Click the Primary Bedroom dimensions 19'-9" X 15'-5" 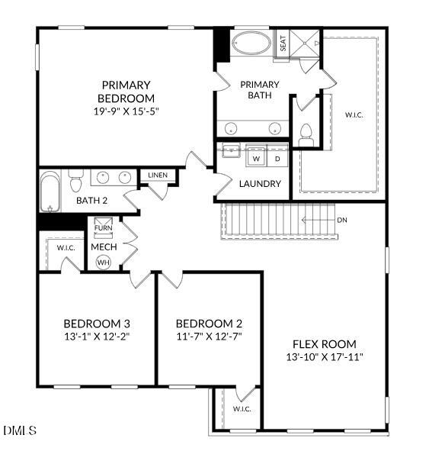(x=126, y=111)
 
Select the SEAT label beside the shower (x=283, y=44)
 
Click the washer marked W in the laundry (x=257, y=158)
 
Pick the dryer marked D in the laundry (x=277, y=158)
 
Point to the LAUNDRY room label (x=260, y=184)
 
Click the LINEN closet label (x=158, y=176)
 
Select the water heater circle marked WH (x=103, y=262)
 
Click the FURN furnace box (x=103, y=228)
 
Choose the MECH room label (x=103, y=247)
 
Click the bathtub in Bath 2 (x=50, y=191)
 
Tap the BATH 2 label (x=91, y=201)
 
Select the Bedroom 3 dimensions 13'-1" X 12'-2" (x=96, y=336)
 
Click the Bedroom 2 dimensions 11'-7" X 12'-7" (x=209, y=336)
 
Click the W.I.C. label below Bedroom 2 (x=242, y=409)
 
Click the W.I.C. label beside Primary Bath (x=354, y=115)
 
